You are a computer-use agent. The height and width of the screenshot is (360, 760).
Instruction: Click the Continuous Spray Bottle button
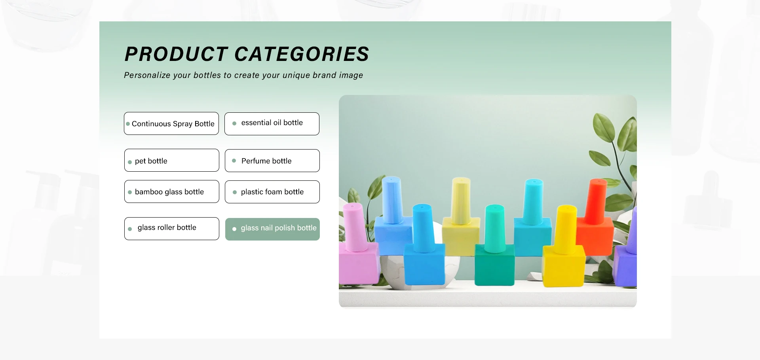171,123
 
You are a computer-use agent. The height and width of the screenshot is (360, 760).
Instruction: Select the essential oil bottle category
272,124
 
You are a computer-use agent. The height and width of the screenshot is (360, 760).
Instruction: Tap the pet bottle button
172,160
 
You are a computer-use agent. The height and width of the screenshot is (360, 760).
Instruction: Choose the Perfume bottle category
272,161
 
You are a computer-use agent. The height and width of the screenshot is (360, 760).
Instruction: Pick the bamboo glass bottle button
172,191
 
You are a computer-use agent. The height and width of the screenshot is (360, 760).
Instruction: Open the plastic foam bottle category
272,192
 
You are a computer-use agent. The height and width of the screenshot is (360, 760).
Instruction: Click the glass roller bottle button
172,229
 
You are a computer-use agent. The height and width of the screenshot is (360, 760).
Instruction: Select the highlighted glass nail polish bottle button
272,229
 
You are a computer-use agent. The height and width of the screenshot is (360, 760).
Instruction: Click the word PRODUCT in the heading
176,54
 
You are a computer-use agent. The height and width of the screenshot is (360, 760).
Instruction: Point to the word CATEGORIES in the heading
302,54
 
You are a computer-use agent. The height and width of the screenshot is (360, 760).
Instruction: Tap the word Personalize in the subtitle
147,75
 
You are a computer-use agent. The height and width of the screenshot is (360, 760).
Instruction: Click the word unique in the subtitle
296,75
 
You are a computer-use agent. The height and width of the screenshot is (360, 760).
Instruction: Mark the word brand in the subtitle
324,75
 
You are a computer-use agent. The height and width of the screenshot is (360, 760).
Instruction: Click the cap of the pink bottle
354,227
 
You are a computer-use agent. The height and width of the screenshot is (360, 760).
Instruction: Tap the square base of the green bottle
494,264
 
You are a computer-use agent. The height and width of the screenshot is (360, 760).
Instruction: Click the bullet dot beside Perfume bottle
234,161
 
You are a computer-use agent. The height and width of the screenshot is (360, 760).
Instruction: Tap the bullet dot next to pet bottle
130,162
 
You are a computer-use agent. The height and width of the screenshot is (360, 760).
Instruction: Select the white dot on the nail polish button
234,229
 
